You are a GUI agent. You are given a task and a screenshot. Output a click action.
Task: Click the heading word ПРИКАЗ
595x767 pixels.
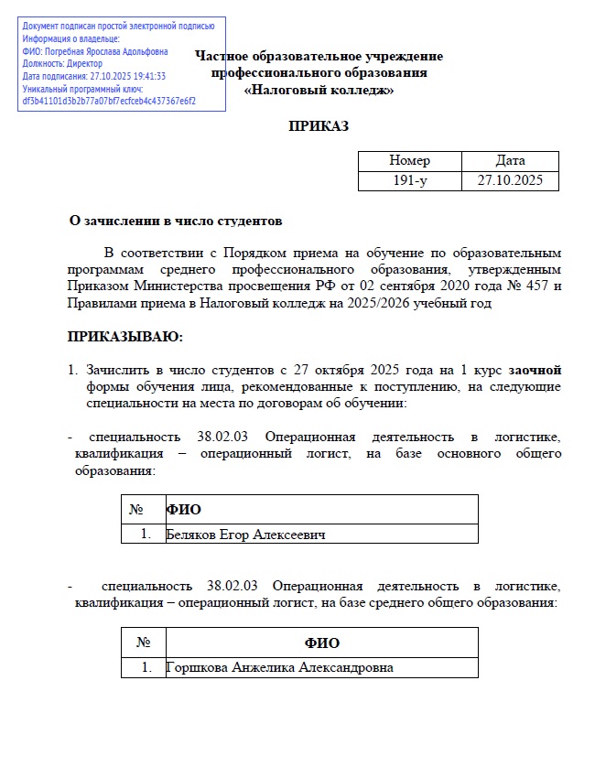click(319, 126)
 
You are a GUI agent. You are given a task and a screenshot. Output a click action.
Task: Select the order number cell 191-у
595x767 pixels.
click(409, 180)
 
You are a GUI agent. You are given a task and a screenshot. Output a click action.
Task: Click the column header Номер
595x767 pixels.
click(409, 161)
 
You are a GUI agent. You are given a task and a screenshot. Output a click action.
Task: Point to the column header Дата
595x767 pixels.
click(510, 161)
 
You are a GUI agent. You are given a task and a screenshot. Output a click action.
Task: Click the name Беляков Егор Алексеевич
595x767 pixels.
click(245, 534)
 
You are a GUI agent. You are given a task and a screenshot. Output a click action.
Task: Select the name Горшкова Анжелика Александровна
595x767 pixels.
click(279, 667)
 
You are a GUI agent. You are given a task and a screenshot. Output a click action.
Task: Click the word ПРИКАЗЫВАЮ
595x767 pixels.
click(125, 338)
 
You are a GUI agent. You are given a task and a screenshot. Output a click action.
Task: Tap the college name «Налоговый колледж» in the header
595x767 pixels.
click(319, 90)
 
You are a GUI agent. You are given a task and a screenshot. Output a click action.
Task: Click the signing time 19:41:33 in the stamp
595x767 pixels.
click(147, 76)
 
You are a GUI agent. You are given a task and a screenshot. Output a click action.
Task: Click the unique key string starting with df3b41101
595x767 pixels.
click(109, 101)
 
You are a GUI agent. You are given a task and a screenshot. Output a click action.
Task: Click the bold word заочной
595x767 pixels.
click(535, 371)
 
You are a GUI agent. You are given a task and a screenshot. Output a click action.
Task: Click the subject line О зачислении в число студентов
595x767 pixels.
click(177, 221)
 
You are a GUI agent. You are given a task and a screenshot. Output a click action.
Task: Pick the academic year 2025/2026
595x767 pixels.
click(389, 304)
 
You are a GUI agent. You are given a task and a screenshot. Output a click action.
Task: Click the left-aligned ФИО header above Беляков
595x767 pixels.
click(183, 509)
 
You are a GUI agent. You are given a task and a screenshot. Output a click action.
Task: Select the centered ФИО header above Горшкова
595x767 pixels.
click(321, 643)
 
